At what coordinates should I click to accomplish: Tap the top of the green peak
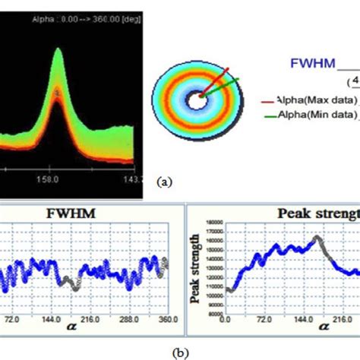(58, 52)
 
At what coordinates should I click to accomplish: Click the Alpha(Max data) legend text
(318, 98)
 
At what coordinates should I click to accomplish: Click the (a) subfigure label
(163, 182)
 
